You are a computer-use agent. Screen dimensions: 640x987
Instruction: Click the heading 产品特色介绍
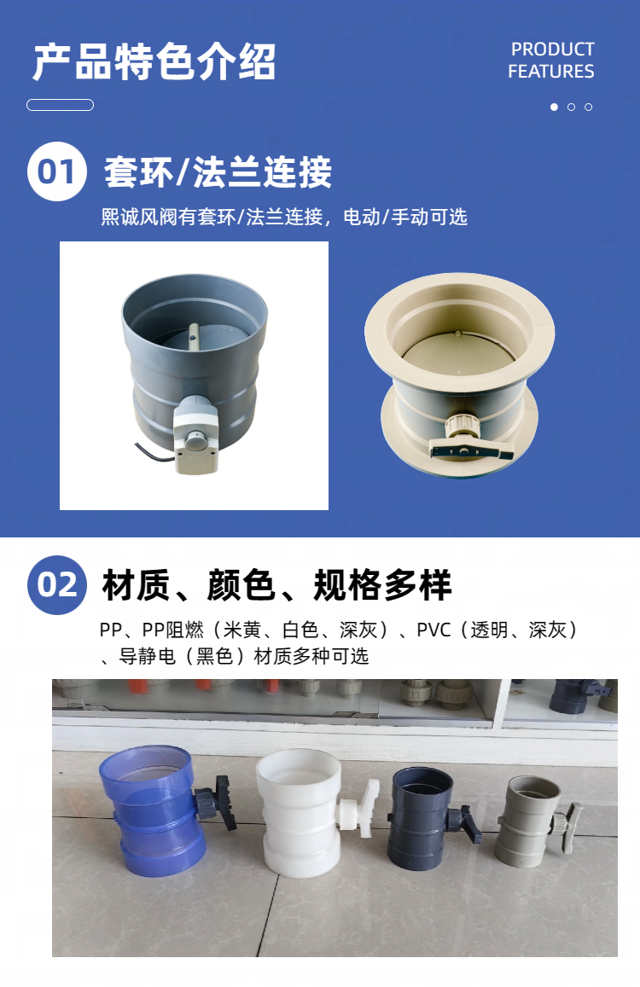154,61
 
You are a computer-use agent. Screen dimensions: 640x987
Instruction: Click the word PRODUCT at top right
552,49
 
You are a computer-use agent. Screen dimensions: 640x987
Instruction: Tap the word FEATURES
550,71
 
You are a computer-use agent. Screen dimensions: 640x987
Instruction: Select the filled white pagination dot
555,107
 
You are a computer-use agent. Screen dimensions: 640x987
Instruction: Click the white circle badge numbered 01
56,171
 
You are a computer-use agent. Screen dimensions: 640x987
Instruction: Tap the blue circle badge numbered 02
56,584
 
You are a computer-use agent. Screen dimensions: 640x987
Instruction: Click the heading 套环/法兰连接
218,171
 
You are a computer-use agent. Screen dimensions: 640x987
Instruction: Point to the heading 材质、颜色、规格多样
277,584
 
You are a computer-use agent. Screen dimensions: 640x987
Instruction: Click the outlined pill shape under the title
60,105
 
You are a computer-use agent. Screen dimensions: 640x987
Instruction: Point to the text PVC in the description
433,630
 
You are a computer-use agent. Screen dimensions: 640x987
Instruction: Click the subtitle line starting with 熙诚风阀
284,218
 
